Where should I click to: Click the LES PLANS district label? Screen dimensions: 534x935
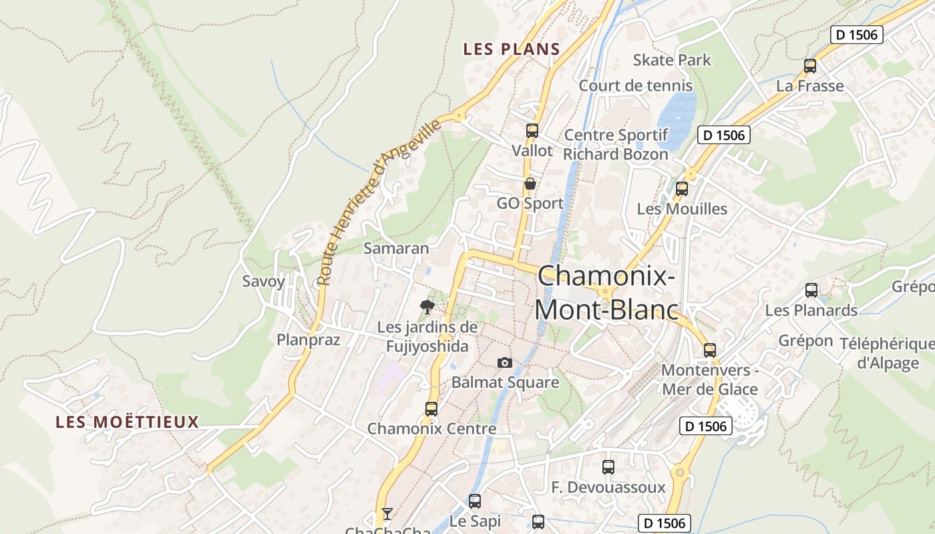tap(512, 49)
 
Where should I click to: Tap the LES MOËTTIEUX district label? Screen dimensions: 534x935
tap(128, 422)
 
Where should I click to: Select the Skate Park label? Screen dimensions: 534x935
tap(672, 60)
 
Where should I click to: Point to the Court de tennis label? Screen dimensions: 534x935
tap(636, 85)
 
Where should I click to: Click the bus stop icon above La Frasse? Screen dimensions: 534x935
tap(810, 65)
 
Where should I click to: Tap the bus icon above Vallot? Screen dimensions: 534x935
tap(532, 130)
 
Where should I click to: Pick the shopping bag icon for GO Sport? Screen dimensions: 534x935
tap(530, 184)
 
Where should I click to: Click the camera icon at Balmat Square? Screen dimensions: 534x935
tap(505, 362)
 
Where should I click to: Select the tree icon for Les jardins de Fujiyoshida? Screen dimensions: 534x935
tap(427, 306)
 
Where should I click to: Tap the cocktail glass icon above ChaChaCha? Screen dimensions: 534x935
tap(387, 513)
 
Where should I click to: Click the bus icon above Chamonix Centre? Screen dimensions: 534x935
tap(431, 409)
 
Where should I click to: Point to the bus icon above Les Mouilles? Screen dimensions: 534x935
tap(682, 188)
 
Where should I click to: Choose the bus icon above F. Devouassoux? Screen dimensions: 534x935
tap(608, 467)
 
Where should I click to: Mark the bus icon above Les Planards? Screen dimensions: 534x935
tap(811, 290)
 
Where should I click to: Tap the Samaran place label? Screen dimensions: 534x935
tap(396, 248)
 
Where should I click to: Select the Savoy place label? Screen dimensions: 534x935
tap(263, 281)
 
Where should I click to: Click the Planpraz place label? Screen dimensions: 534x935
tap(309, 340)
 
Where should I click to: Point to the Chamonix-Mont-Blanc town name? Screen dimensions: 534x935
tap(606, 293)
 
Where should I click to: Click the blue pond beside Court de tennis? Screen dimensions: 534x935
tap(678, 117)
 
